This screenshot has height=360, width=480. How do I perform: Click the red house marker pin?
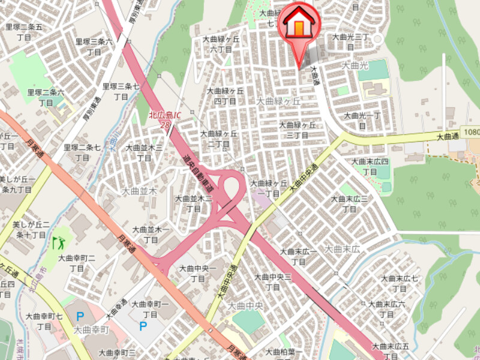(x=299, y=24)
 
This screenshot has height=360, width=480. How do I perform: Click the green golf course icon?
(x=59, y=243)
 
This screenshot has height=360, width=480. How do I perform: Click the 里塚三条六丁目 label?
(x=94, y=47)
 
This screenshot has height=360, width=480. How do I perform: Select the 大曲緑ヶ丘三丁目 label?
(x=297, y=130)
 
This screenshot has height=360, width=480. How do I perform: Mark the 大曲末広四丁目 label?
(x=370, y=166)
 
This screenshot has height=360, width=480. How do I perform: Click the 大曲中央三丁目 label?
(x=272, y=282)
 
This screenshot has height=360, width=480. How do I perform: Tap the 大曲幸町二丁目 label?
(x=77, y=263)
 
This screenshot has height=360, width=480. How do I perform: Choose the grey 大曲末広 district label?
(x=341, y=248)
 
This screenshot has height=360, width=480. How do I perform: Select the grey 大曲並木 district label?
(x=139, y=191)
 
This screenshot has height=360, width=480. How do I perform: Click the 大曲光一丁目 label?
(x=362, y=120)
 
